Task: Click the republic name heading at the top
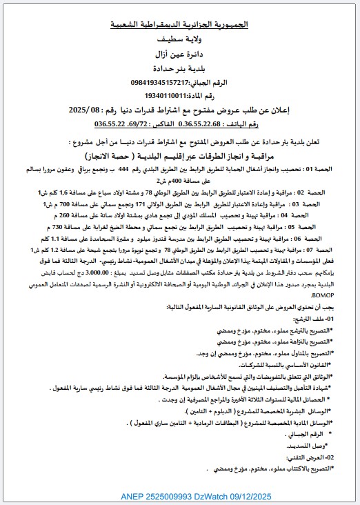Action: click(180, 24)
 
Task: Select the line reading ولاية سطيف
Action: click(180, 39)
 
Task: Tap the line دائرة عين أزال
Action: click(180, 53)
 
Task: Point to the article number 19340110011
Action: click(170, 96)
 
